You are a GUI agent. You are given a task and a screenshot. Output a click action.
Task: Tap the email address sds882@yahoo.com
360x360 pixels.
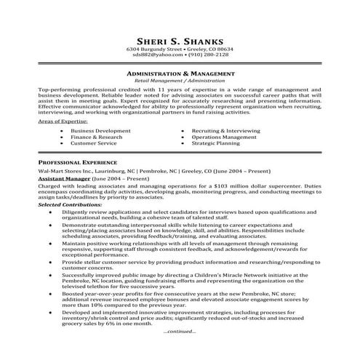click(157, 54)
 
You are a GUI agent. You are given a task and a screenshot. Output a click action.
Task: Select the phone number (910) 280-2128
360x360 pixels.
click(209, 54)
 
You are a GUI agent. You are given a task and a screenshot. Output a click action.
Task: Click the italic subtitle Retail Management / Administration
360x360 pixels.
click(180, 81)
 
